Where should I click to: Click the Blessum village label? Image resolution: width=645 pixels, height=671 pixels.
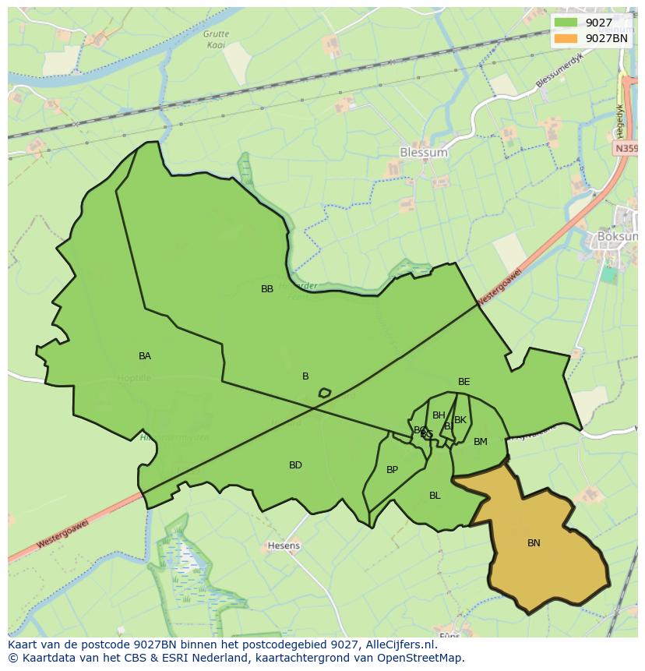[423, 153]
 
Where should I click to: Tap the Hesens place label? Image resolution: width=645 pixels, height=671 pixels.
[284, 546]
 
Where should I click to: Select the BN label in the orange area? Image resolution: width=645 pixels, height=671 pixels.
[534, 543]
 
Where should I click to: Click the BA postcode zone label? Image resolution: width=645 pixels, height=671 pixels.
[145, 356]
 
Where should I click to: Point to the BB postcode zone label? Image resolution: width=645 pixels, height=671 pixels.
[267, 289]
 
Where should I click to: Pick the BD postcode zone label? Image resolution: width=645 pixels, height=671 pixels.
[295, 465]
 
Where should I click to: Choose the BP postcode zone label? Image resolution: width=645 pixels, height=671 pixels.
[392, 470]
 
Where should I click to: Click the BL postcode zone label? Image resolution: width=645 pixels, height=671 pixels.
[435, 496]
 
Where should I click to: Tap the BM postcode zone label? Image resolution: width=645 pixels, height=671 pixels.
[481, 442]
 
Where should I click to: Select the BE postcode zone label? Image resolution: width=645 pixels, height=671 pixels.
[464, 382]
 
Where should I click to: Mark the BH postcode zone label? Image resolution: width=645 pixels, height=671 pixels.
[439, 415]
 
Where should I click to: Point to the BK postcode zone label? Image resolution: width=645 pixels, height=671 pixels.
[460, 420]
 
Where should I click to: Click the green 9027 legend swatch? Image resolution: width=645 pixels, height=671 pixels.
[566, 23]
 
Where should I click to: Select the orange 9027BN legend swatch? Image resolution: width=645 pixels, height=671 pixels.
[566, 38]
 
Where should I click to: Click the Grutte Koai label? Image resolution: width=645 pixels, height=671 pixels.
[216, 39]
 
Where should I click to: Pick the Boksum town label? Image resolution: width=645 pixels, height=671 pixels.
[618, 236]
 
